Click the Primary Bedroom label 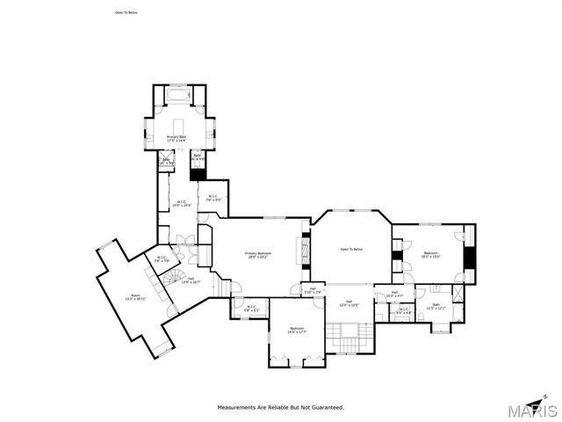coord(258,254)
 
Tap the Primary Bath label coord(176,138)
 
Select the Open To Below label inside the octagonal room coord(351,250)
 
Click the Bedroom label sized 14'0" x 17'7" coord(297,330)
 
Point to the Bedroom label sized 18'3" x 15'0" coord(430,254)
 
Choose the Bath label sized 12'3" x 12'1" coord(436,307)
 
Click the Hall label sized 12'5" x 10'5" coord(349,304)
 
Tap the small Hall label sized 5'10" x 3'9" coord(313,290)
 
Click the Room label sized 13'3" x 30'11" coord(135,297)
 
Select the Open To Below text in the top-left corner coord(126,13)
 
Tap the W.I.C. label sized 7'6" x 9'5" coord(213,198)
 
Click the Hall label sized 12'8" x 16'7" coord(191,280)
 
